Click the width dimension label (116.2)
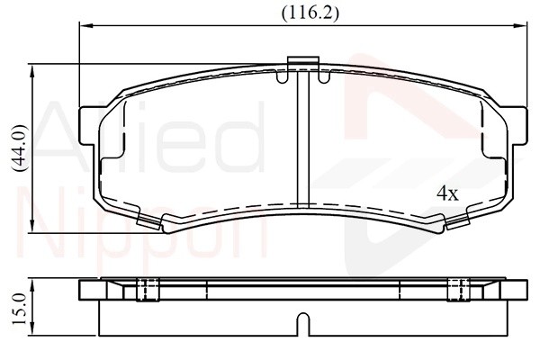pos(310,13)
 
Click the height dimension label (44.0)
pos(19,148)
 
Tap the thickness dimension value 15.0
pos(19,309)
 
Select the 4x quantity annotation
pos(447,193)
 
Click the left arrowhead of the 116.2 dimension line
pos(86,25)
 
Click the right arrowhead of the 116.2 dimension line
pos(520,25)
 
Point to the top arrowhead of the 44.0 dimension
pos(32,71)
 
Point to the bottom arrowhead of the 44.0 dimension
pos(32,226)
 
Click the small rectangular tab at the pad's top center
pos(302,60)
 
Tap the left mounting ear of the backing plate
pos(88,126)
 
